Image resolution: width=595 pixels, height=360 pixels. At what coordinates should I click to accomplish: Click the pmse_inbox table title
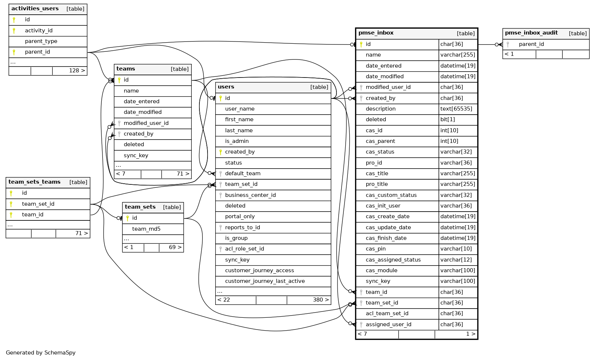tap(376, 33)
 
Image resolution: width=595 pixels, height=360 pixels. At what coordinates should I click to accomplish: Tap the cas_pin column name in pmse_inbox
tap(375, 249)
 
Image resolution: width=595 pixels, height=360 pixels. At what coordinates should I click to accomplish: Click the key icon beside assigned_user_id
tap(361, 324)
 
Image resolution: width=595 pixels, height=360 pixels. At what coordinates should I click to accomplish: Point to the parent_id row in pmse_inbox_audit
tap(531, 44)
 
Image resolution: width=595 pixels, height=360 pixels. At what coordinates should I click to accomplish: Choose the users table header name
tap(226, 87)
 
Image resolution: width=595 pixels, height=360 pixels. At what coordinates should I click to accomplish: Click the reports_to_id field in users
tap(242, 227)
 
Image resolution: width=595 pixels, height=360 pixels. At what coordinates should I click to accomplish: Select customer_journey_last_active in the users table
tap(265, 281)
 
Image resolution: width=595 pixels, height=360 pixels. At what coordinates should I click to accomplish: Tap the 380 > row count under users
tap(321, 300)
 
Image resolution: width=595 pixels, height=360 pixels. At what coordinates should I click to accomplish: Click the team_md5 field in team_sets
tap(146, 229)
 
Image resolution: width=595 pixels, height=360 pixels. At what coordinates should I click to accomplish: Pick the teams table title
tap(126, 69)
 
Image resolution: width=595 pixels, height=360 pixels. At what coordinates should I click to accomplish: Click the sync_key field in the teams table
tap(136, 155)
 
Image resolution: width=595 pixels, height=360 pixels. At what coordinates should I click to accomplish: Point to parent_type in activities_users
tap(41, 41)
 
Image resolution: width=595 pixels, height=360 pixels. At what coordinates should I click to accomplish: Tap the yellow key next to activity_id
tap(14, 30)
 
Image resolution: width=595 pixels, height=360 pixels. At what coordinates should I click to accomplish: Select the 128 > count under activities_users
tap(77, 71)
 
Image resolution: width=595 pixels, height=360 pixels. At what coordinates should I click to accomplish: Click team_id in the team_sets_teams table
tap(33, 215)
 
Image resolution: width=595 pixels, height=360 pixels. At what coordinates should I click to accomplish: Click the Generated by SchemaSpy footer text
tap(41, 353)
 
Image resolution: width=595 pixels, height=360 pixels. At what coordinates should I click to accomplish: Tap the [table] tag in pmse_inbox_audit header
tap(577, 33)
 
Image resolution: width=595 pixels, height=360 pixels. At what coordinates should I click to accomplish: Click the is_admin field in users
tap(237, 141)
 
